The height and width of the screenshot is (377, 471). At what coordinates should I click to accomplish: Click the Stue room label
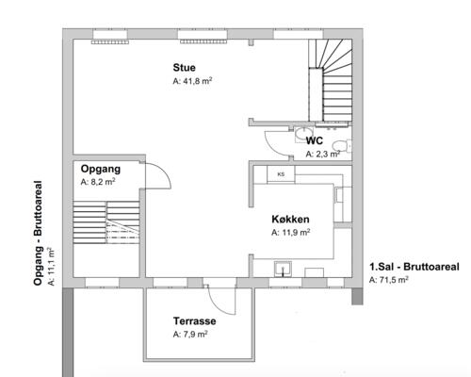[184, 68]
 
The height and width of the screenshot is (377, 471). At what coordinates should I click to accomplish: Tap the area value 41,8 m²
[192, 81]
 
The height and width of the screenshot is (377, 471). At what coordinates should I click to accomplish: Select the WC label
[314, 140]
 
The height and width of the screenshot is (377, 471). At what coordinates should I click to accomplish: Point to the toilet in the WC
[340, 146]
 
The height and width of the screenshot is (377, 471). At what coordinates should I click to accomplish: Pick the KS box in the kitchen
[281, 174]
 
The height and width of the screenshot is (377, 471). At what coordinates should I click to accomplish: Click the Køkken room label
[290, 219]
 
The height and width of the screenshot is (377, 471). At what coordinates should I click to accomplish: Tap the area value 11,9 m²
[291, 233]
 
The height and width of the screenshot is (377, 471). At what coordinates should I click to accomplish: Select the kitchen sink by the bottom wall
[283, 269]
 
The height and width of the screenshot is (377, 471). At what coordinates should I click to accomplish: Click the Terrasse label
[195, 321]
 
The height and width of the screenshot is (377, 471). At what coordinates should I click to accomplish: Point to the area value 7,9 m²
[190, 335]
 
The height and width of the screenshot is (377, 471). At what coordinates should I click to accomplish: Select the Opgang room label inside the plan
[101, 169]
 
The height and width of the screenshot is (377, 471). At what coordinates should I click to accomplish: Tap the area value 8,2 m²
[98, 182]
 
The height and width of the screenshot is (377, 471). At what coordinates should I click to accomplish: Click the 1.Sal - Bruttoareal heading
[414, 267]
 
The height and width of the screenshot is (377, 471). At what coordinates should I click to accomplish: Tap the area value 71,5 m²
[389, 280]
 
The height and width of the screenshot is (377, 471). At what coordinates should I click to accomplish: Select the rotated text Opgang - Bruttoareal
[38, 233]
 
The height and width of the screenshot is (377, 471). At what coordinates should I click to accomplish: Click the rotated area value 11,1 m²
[51, 267]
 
